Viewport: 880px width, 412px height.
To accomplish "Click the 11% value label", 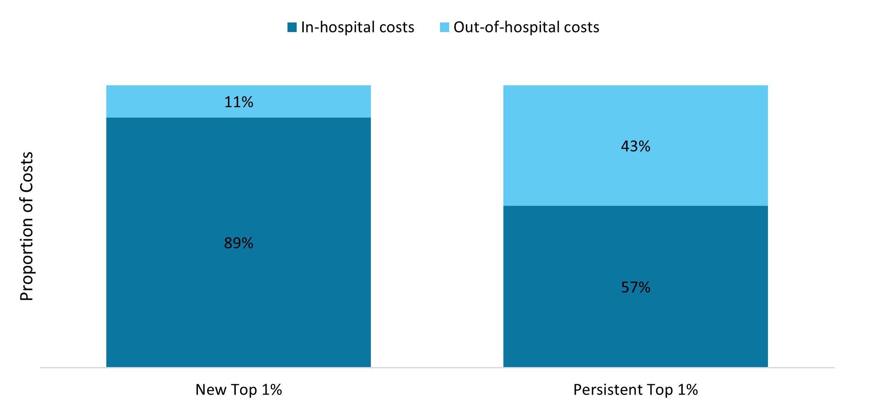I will [238, 102].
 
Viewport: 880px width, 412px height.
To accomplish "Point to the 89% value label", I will [238, 243].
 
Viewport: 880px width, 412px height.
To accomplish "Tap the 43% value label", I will [635, 146].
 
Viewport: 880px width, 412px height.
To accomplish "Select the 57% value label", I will [635, 287].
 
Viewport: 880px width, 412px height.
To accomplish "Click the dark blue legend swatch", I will [292, 27].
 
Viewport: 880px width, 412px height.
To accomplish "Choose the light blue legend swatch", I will [445, 27].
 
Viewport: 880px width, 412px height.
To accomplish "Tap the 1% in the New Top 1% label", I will [272, 390].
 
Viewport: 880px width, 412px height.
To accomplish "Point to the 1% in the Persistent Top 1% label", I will [687, 390].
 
